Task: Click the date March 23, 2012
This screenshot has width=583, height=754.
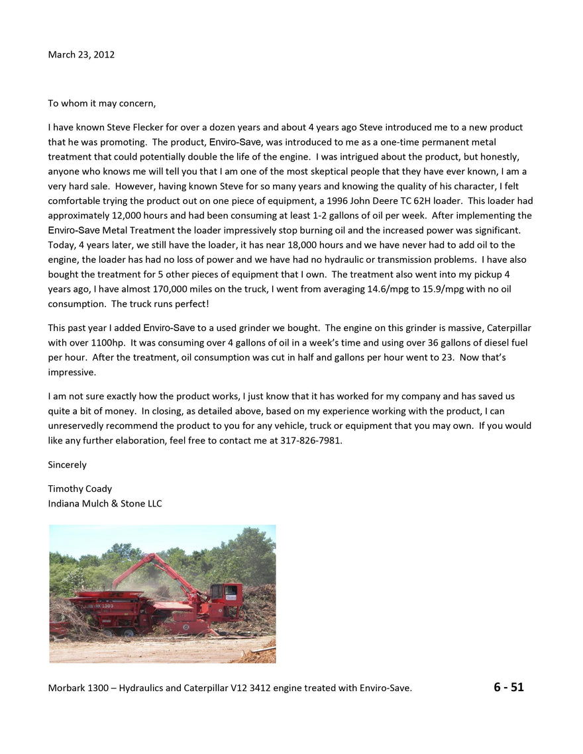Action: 81,54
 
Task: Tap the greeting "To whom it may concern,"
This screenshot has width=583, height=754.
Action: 102,103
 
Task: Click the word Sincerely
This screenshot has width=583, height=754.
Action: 67,465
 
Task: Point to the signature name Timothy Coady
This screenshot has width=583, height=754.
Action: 79,489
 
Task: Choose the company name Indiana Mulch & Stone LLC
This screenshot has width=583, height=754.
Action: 105,503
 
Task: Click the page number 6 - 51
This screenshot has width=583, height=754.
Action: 508,687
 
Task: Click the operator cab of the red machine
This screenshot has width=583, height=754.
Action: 226,596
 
